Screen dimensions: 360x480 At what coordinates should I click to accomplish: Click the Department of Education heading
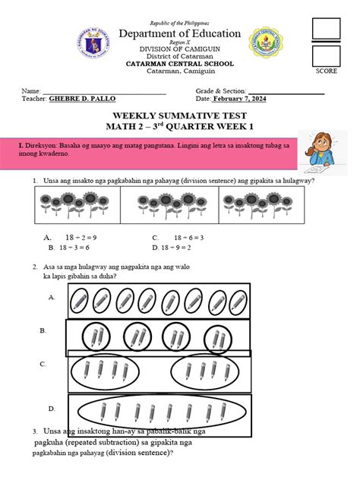click(x=179, y=34)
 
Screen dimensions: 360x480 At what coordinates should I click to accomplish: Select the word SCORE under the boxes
click(x=326, y=71)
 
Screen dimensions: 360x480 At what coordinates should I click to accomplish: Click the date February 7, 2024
click(x=241, y=99)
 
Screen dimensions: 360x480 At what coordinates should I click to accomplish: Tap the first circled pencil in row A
click(x=80, y=304)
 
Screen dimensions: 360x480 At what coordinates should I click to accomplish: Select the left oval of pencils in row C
click(x=102, y=371)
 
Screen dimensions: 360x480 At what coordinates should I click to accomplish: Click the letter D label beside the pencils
click(x=52, y=409)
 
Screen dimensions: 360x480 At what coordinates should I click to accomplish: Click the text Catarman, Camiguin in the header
click(x=179, y=71)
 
